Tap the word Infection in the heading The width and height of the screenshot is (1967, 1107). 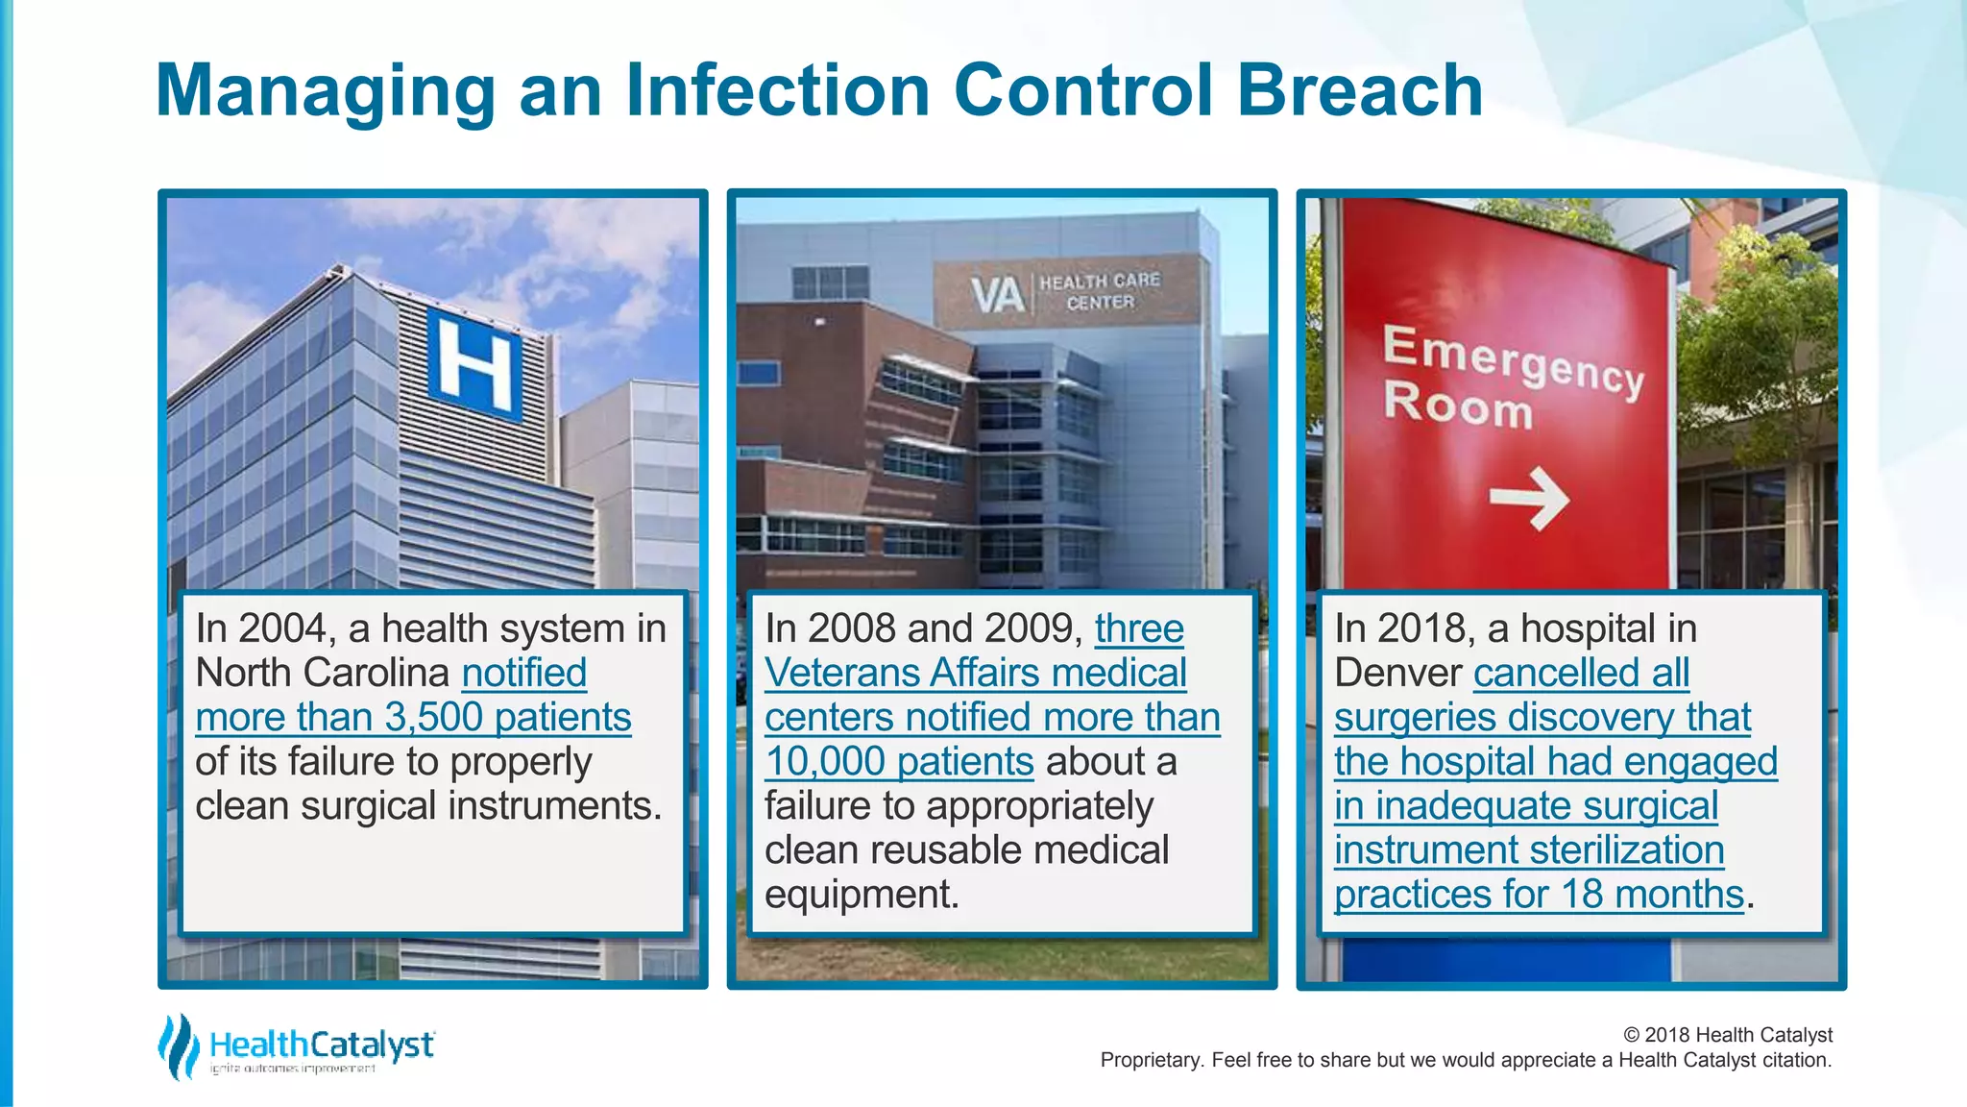point(778,90)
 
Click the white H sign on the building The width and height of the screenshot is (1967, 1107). point(474,367)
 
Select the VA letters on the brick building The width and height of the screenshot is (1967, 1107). point(996,295)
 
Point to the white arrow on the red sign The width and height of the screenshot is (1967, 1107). point(1529,499)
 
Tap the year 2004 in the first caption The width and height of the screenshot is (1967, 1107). point(283,628)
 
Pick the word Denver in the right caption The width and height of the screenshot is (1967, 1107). point(1397,673)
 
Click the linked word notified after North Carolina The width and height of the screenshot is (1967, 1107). point(524,673)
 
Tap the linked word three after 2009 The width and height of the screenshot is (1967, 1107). point(1139,628)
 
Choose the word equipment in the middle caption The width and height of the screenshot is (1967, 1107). point(861,894)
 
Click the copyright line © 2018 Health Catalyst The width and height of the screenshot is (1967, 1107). point(1727,1035)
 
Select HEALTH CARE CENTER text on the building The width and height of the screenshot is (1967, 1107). point(1100,291)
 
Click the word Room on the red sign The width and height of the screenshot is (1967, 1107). point(1458,406)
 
